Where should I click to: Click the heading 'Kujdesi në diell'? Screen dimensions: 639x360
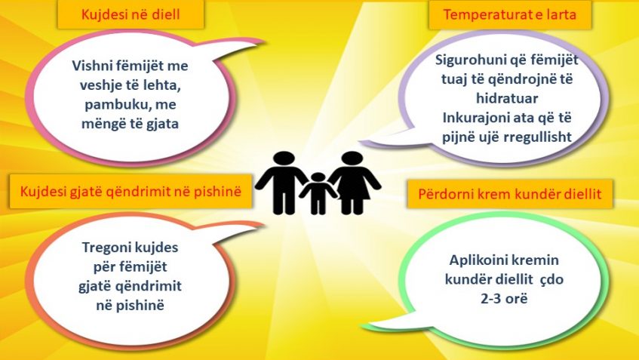131,14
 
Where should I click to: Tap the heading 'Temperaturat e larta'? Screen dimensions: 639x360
510,14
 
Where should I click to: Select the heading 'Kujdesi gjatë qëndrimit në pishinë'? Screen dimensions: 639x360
131,191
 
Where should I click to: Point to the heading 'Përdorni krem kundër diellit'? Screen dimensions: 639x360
510,194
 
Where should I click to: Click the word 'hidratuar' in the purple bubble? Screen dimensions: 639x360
507,98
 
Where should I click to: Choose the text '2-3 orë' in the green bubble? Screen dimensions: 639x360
504,299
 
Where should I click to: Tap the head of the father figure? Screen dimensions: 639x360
284,158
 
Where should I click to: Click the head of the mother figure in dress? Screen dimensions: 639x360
352,158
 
